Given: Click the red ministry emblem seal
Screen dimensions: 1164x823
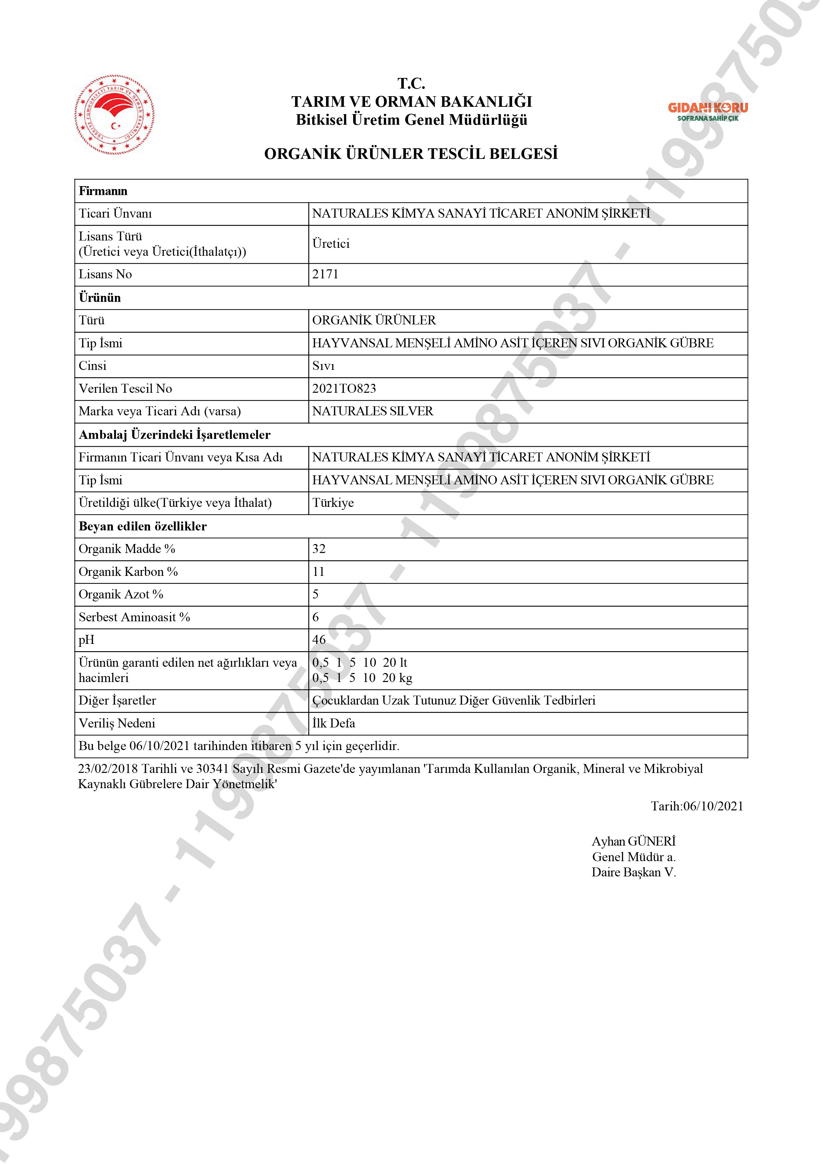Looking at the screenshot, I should click(x=114, y=114).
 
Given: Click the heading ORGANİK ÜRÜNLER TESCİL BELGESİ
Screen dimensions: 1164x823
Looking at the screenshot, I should click(x=411, y=154).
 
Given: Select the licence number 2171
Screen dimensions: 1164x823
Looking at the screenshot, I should click(x=325, y=274).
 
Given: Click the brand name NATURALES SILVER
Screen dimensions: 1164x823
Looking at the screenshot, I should click(x=372, y=411).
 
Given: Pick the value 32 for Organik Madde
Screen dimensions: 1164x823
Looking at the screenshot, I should click(x=319, y=549).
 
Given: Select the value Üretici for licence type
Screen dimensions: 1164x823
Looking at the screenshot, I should click(x=331, y=244).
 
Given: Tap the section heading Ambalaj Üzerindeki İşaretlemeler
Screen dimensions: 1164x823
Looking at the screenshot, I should click(x=175, y=435).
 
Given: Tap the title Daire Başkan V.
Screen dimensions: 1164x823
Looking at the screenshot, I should click(x=634, y=872).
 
